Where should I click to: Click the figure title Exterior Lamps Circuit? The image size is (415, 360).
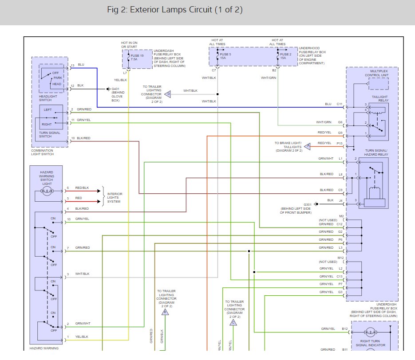tap(174, 10)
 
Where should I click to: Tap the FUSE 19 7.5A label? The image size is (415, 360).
tap(137, 57)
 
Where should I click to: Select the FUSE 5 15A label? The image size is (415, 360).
tap(225, 56)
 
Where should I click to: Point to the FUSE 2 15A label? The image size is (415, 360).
tap(286, 56)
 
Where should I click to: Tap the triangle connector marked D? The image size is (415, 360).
tap(168, 94)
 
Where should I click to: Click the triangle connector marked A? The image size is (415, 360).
tap(308, 145)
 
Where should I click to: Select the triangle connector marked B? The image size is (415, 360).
tap(166, 312)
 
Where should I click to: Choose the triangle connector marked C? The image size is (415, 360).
tap(233, 322)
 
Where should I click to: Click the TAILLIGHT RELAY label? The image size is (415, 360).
tap(379, 98)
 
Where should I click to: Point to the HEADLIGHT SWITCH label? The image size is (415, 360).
tap(48, 98)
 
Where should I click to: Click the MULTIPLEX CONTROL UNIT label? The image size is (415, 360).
tap(377, 73)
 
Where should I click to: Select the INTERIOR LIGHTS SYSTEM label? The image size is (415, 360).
tap(115, 198)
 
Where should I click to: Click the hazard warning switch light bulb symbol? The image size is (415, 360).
tap(47, 191)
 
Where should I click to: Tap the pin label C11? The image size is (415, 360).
tap(340, 104)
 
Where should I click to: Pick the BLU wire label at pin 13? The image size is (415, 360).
tap(81, 65)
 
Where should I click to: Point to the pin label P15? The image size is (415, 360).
tap(340, 143)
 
